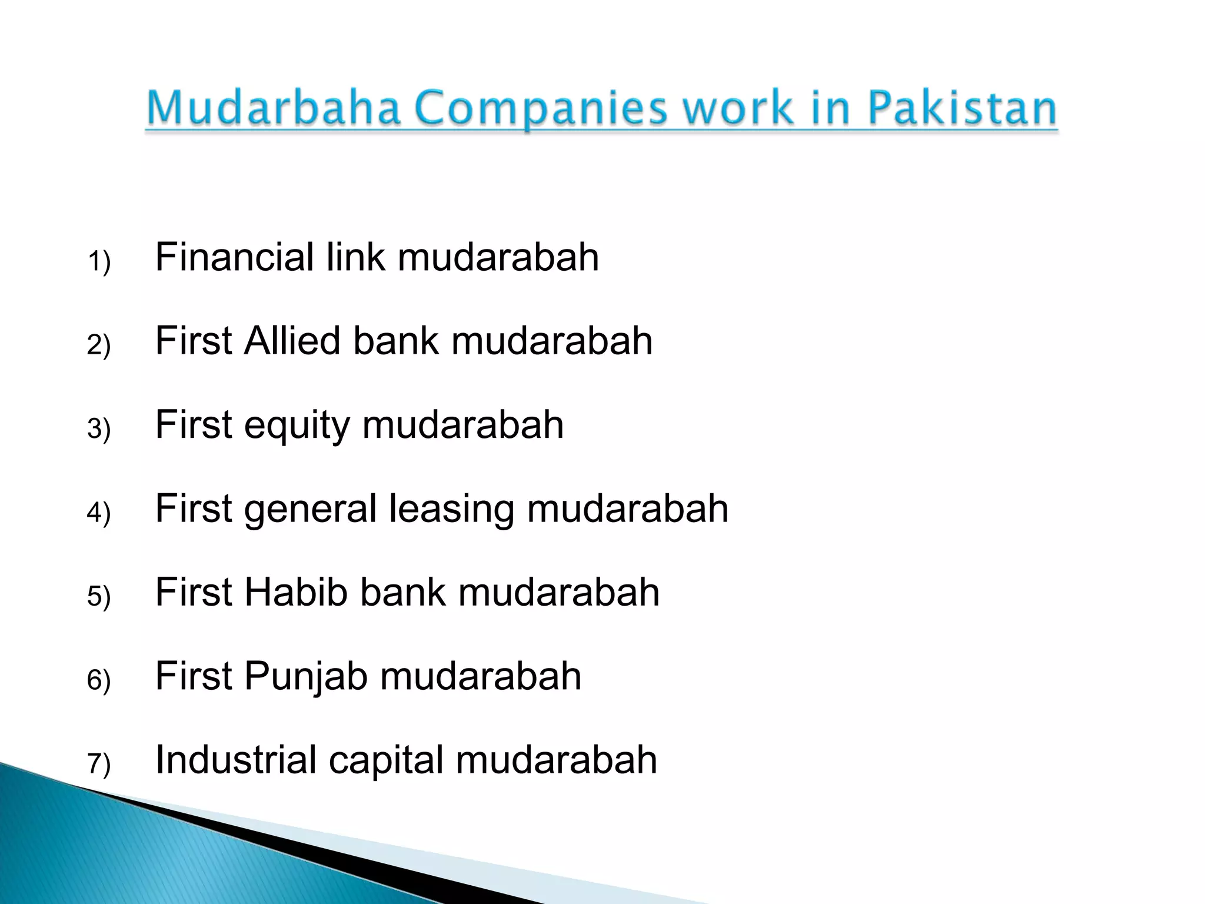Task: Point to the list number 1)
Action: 99,261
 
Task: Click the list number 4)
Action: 99,512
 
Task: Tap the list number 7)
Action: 99,763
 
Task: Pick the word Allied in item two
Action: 292,341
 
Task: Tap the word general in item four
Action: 309,510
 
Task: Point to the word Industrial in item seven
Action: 235,760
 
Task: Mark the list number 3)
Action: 99,428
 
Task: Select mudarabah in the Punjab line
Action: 480,676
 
